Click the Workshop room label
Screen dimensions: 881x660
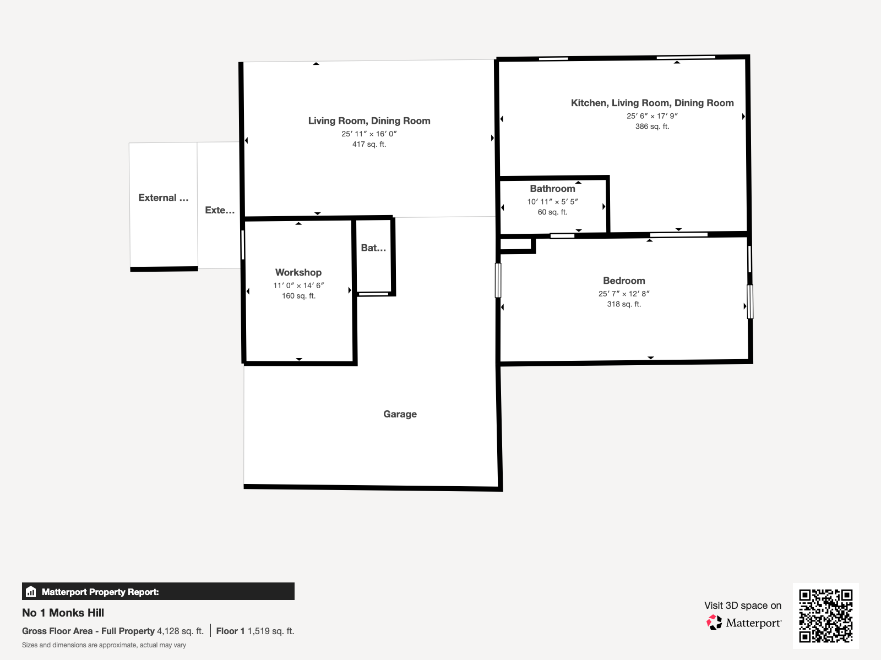click(298, 272)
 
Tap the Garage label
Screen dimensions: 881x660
click(400, 414)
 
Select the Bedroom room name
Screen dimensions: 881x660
click(624, 280)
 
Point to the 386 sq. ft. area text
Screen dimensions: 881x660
click(652, 127)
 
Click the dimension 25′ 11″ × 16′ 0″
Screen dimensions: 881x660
click(369, 134)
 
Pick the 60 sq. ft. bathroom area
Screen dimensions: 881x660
click(552, 212)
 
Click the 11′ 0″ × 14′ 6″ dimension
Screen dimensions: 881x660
click(298, 285)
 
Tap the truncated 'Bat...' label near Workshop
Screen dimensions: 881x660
click(373, 248)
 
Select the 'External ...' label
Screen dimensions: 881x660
click(164, 197)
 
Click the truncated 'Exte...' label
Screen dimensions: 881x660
click(220, 211)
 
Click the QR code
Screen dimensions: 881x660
click(825, 615)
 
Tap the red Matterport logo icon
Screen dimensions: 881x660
click(714, 623)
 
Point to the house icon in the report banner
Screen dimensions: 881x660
click(31, 591)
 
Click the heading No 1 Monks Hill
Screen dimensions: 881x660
click(63, 613)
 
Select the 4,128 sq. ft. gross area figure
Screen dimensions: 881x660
click(180, 631)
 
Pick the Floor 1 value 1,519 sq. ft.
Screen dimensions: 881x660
click(271, 631)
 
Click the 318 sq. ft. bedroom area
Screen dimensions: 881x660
click(624, 305)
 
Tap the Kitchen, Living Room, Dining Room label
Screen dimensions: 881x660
click(652, 103)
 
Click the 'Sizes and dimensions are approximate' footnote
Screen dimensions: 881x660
click(104, 645)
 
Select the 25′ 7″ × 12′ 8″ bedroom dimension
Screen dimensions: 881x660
click(624, 294)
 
